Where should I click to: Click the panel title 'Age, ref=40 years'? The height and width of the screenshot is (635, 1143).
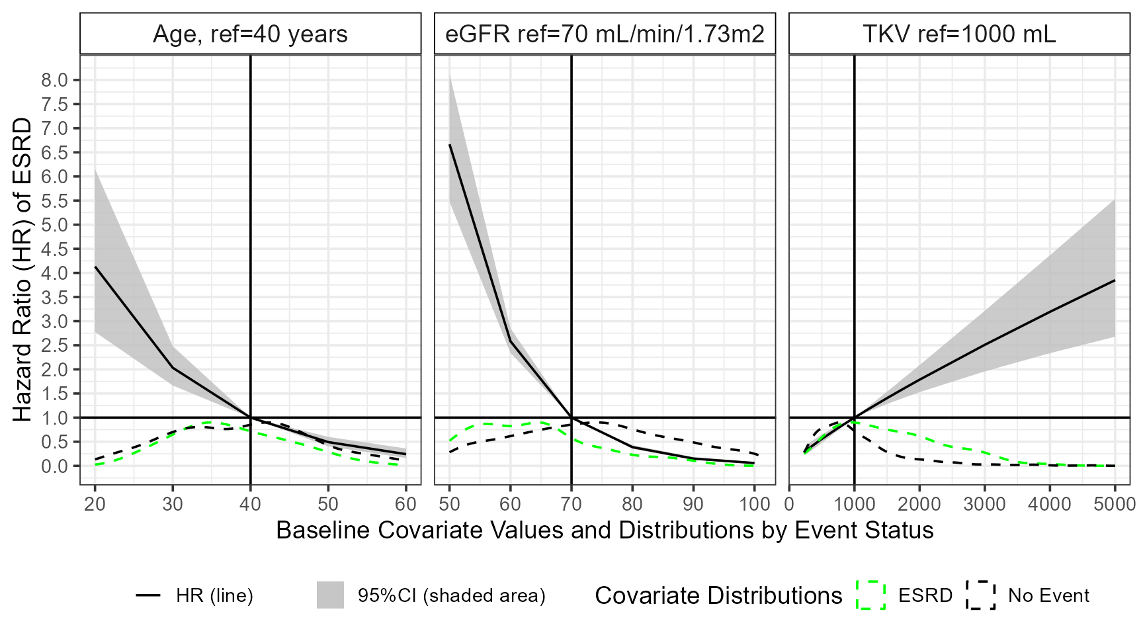[250, 34]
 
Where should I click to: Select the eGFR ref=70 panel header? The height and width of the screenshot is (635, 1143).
[605, 34]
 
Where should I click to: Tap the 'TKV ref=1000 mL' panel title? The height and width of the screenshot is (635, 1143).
[959, 34]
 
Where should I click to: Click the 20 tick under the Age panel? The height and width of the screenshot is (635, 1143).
[95, 504]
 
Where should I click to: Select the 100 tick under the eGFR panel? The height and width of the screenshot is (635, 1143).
[754, 504]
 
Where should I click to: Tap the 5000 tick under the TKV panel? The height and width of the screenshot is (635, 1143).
[1114, 504]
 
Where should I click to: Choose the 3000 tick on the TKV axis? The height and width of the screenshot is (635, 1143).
[984, 504]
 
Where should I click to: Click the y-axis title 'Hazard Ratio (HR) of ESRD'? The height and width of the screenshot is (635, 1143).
[22, 270]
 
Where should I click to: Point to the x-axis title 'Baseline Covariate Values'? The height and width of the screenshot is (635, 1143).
[605, 530]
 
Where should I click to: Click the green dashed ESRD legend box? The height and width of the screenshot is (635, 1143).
[871, 595]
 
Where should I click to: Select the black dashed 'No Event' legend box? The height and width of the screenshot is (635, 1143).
[981, 595]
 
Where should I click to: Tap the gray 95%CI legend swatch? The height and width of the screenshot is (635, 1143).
[331, 595]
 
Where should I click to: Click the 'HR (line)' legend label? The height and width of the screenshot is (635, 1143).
[214, 596]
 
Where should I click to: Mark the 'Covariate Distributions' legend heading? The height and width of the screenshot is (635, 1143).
[718, 596]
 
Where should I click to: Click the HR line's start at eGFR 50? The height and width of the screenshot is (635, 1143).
[450, 144]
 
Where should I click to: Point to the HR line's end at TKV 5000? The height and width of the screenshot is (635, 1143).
[1115, 280]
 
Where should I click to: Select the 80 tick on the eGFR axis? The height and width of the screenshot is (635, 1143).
[632, 504]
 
